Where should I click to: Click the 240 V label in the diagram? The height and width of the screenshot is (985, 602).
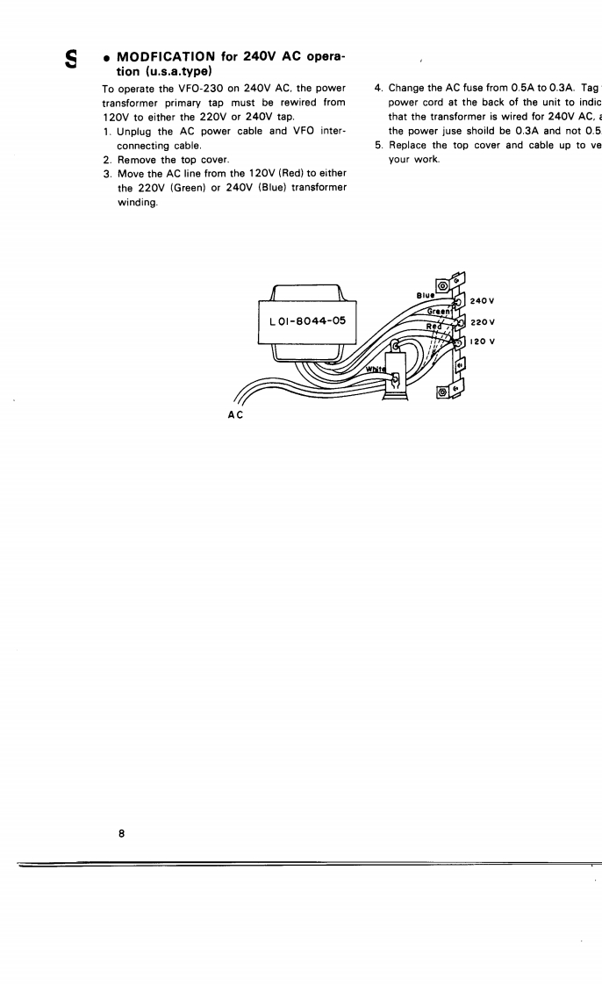pos(484,301)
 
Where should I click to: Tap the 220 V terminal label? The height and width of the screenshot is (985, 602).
pos(484,321)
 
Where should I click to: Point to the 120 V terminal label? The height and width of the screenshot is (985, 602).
pos(484,341)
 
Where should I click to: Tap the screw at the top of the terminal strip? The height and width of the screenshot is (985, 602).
pos(442,285)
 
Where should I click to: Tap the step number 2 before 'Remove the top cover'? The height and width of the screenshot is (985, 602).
pos(106,160)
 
